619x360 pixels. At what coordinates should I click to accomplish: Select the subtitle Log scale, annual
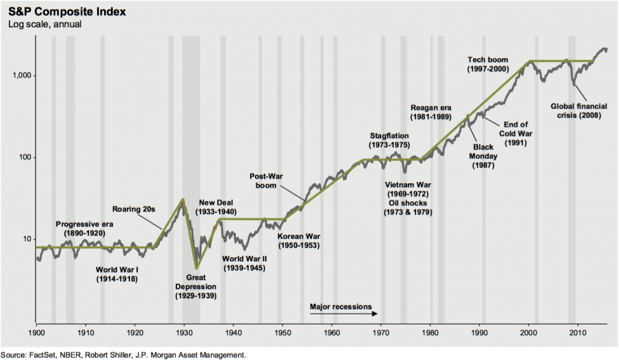pos(45,24)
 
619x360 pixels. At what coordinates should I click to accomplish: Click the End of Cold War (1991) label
pos(515,132)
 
